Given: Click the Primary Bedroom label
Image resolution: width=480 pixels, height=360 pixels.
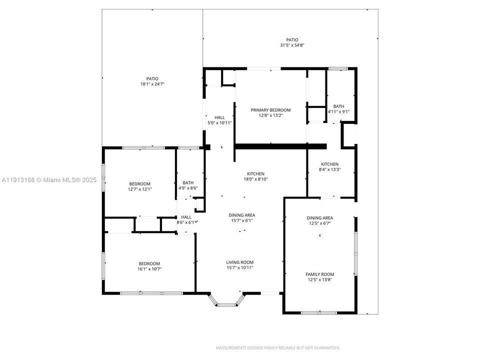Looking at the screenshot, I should click(270, 110).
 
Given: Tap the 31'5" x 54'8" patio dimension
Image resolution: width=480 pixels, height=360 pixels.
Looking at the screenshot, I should click(292, 45).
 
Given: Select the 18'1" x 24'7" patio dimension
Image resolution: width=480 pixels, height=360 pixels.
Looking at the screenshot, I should click(152, 84).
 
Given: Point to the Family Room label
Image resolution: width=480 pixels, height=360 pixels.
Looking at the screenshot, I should click(320, 274).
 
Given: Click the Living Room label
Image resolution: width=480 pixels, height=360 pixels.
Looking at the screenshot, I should click(240, 262).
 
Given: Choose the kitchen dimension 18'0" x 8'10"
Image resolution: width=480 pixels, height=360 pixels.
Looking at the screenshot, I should click(255, 179).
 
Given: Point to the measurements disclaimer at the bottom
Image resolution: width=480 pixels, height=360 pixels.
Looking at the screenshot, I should click(278, 347).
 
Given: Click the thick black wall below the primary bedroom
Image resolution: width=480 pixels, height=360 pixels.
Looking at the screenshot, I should click(280, 146).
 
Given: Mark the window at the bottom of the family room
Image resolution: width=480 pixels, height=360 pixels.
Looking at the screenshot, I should click(318, 313).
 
